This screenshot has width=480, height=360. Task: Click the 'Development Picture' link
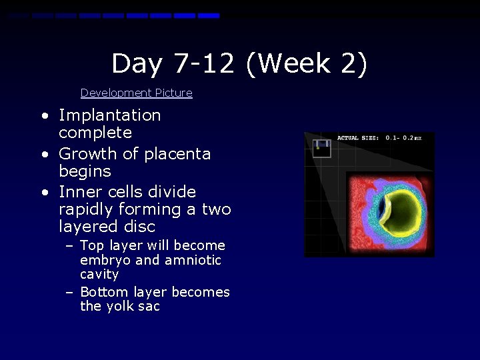[x=136, y=93]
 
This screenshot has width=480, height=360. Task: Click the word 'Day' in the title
[x=136, y=64]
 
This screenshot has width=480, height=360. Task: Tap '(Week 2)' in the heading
[x=306, y=64]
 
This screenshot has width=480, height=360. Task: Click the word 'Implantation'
[x=110, y=115]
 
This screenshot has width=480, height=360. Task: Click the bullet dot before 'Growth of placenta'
[x=44, y=154]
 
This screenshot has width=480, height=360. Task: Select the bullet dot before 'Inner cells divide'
[x=44, y=192]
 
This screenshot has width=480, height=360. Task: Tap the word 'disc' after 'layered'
[x=139, y=227]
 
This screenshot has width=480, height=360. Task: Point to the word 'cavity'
[x=99, y=275]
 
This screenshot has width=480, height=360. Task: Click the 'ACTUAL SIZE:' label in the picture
[x=358, y=138]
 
